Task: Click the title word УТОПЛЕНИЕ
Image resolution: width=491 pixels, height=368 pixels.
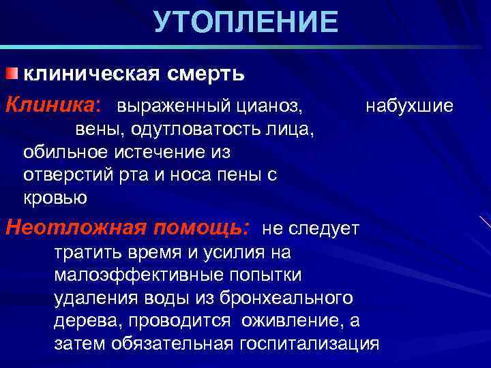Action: click(245, 22)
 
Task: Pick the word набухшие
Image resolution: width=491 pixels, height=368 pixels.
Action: click(409, 106)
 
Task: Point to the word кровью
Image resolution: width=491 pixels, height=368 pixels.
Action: click(55, 198)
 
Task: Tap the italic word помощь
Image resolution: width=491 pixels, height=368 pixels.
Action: click(202, 226)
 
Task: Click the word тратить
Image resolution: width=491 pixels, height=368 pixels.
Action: click(85, 252)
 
